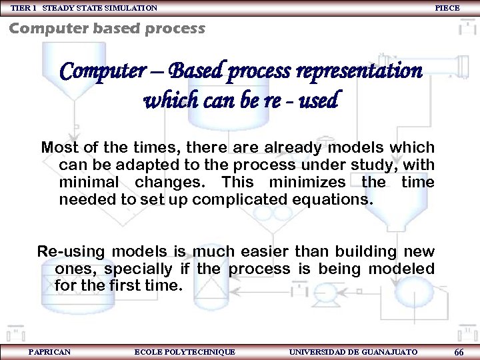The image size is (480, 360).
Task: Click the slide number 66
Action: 459,352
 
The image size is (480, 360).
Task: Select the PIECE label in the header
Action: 447,7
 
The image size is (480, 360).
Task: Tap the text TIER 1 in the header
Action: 24,7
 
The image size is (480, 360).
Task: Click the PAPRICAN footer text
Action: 50,351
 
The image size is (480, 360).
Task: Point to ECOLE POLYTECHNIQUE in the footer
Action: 185,351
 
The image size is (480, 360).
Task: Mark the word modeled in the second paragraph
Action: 402,269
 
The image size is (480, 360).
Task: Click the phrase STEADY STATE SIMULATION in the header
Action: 100,7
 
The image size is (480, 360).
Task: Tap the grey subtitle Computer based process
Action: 107,28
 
